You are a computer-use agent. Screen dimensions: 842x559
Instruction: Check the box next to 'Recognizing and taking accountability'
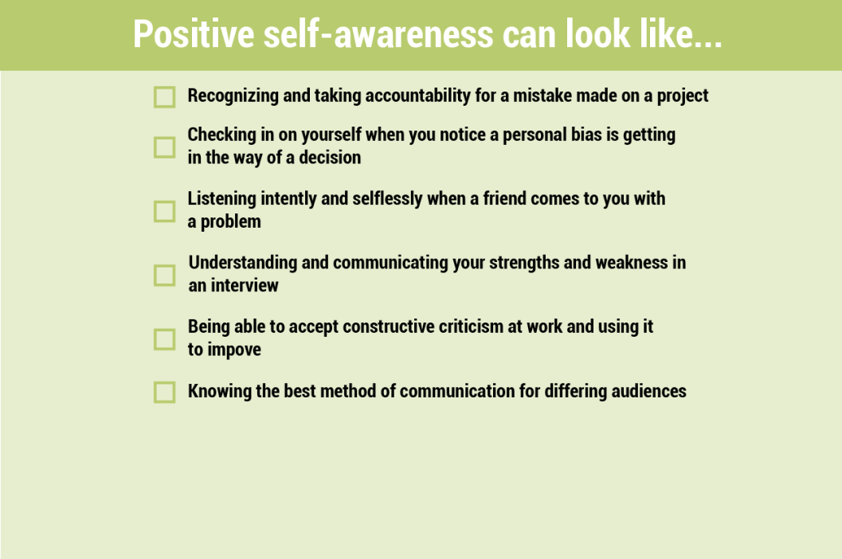(164, 97)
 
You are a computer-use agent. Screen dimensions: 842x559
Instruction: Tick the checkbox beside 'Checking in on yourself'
(164, 147)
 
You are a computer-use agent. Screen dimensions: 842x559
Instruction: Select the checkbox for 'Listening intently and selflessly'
(164, 212)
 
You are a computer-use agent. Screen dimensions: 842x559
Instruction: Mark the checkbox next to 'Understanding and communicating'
(164, 276)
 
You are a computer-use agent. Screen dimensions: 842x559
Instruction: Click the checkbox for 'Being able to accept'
(164, 339)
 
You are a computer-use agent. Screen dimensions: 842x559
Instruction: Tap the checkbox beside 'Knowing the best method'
(164, 392)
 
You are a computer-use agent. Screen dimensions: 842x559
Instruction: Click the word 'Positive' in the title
(194, 34)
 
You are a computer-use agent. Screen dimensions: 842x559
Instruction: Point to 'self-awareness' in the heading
(378, 34)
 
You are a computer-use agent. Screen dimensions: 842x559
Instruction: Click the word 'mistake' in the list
(542, 96)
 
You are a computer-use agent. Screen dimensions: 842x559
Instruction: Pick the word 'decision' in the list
(330, 158)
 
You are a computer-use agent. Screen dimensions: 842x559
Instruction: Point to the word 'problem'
(230, 222)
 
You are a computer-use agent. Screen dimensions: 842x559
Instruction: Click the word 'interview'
(245, 286)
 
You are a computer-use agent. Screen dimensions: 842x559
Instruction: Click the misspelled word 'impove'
(234, 350)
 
